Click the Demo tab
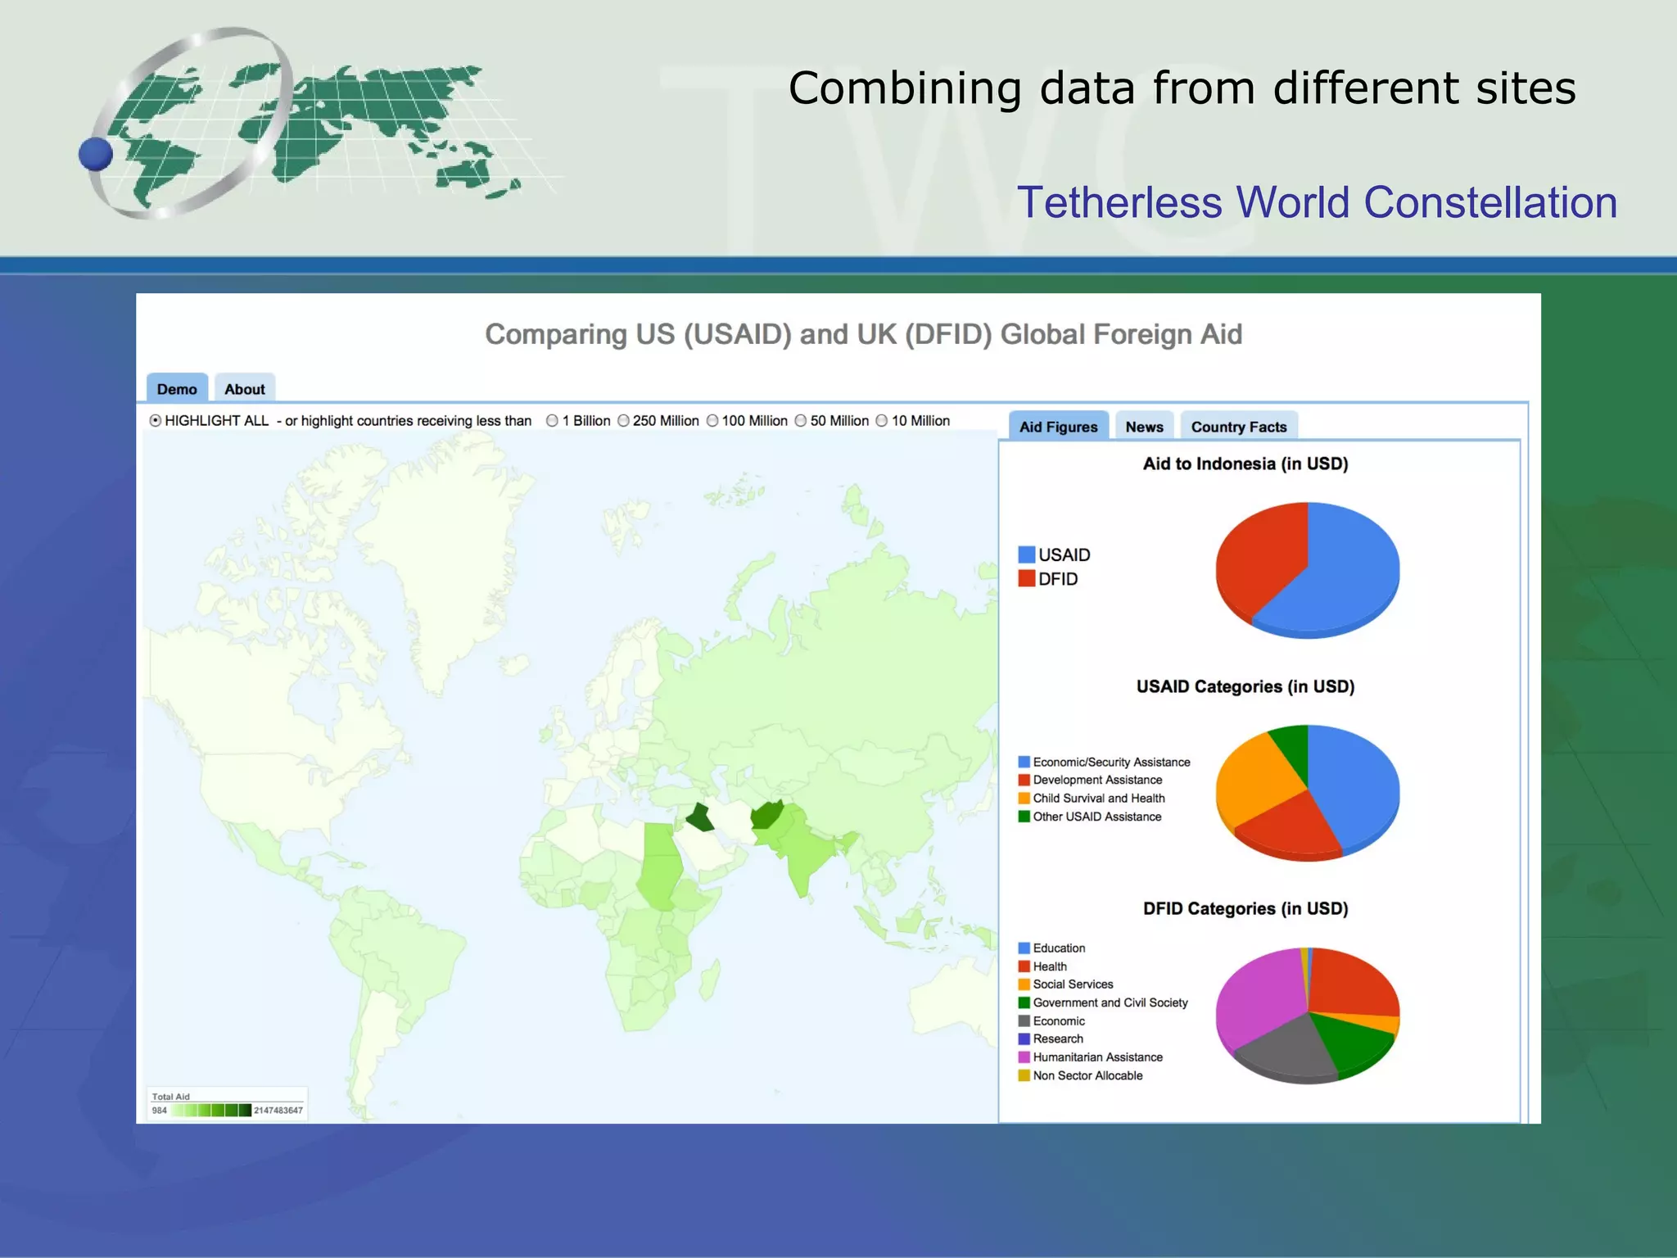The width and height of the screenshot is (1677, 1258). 177,389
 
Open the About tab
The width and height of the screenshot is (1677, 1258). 244,389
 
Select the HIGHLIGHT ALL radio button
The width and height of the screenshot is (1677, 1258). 156,421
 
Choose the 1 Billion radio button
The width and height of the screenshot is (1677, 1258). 553,421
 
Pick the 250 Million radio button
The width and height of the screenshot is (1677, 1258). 624,421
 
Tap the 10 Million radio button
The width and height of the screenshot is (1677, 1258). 882,421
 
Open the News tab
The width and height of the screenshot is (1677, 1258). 1144,427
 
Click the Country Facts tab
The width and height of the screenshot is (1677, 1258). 1238,427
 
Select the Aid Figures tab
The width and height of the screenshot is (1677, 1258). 1058,427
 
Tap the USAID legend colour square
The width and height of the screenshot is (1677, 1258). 1026,554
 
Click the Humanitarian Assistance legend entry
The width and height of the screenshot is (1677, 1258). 1097,1057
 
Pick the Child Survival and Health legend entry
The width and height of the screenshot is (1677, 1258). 1098,799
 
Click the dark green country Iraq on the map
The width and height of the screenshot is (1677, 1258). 701,818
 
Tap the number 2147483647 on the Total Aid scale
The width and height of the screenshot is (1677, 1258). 278,1111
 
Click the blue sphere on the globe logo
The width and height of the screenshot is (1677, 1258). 96,154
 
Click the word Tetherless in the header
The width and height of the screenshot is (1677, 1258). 1119,202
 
